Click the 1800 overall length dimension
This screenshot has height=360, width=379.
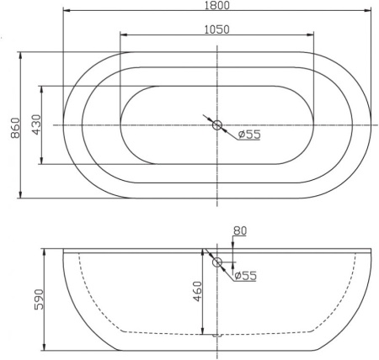coord(217,6)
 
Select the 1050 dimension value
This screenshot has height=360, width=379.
coord(217,29)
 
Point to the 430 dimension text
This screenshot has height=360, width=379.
coord(35,125)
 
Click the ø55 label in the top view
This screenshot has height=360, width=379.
coord(248,134)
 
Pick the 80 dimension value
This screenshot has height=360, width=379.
coord(240,229)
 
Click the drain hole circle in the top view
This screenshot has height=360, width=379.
coord(217,125)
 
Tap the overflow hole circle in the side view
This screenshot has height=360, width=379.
coord(217,262)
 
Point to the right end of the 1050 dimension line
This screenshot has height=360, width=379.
coord(315,36)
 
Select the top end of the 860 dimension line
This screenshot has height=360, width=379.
coord(20,51)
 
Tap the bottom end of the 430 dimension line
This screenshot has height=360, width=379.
coord(43,165)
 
